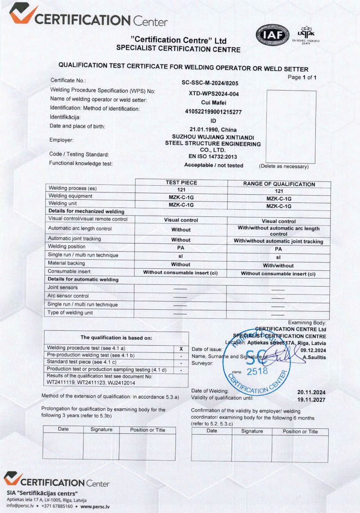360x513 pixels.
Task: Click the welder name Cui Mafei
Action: (213, 102)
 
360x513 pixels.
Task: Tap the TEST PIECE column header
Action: (181, 183)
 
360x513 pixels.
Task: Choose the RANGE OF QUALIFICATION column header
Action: (279, 184)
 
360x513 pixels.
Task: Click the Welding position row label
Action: (67, 246)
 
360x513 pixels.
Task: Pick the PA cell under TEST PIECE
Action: (181, 248)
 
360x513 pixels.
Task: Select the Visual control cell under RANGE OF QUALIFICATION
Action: (279, 221)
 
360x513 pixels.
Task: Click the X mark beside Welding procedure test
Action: (181, 349)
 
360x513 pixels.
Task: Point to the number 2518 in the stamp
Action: (257, 371)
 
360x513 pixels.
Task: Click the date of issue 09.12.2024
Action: (313, 350)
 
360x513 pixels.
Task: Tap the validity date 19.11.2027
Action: (311, 400)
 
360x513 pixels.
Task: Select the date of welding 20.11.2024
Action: (311, 392)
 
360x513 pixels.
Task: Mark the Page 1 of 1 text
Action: (302, 77)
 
